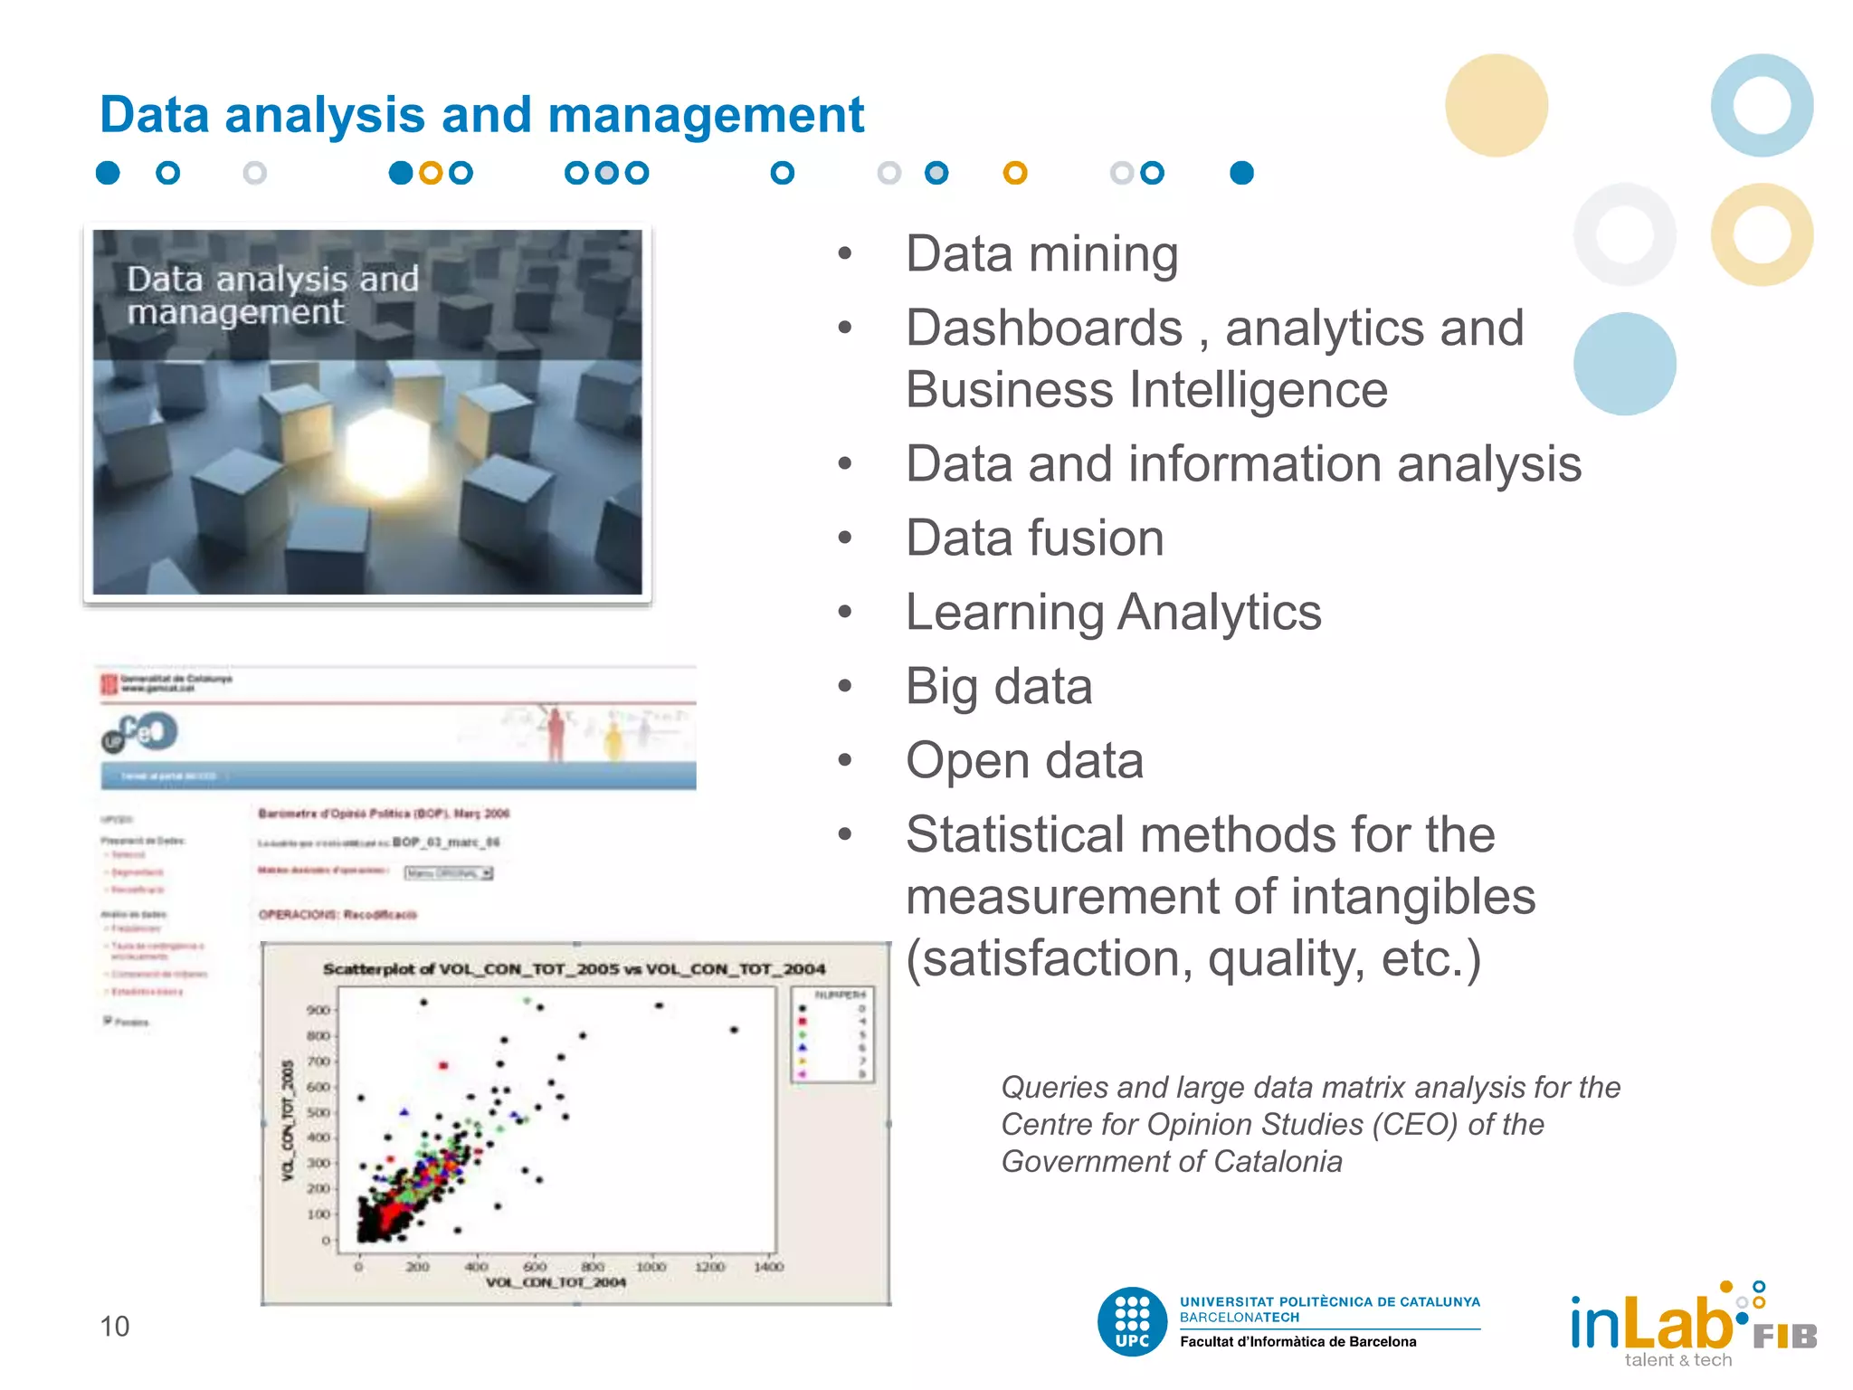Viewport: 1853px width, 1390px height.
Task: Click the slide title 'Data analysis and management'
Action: [x=481, y=115]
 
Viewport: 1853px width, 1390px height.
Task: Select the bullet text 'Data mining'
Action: [x=1041, y=253]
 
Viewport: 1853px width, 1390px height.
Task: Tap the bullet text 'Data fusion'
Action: [x=1034, y=538]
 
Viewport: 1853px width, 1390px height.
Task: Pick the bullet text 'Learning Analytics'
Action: [x=1113, y=612]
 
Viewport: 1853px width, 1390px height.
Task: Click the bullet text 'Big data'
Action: [x=999, y=686]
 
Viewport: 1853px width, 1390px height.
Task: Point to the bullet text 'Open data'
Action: [x=1024, y=760]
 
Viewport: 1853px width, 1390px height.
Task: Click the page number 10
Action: [x=114, y=1326]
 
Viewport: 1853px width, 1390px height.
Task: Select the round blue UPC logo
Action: [x=1132, y=1321]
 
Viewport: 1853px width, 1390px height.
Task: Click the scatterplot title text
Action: [x=574, y=969]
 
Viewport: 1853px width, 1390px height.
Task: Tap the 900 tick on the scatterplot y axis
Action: [x=318, y=1010]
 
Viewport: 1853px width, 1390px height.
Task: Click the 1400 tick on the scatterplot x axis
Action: [x=768, y=1267]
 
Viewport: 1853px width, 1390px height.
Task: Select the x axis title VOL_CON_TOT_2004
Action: [x=556, y=1282]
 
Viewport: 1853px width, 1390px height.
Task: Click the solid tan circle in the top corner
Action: [x=1496, y=105]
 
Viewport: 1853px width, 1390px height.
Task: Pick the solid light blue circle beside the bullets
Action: [x=1624, y=364]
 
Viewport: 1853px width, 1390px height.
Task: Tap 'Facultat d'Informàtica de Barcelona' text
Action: [x=1297, y=1341]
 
